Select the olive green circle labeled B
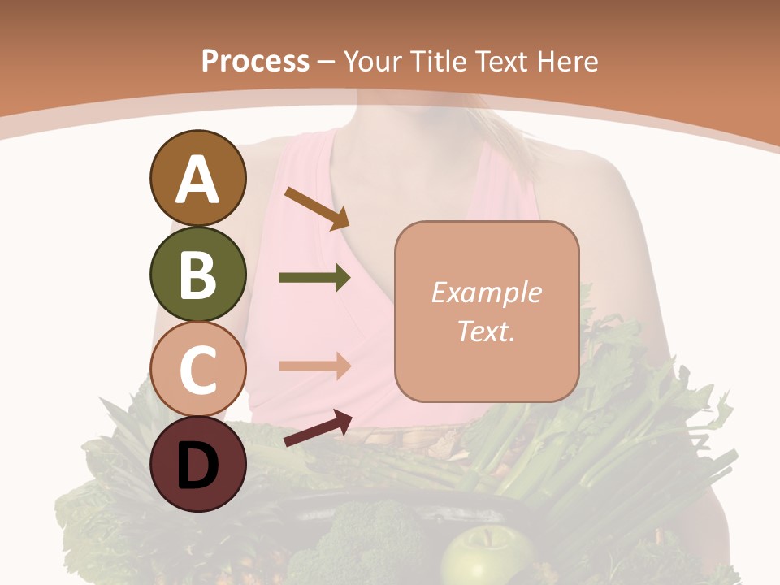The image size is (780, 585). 197,274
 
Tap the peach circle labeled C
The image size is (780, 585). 197,368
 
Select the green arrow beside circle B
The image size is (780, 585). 314,278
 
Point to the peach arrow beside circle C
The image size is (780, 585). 314,366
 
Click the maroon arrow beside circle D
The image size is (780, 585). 318,428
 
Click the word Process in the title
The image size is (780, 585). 255,62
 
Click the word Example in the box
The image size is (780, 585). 486,292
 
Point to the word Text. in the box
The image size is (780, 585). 486,331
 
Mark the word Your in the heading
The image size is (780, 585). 374,62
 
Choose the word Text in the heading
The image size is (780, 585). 496,62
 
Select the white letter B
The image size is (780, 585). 197,274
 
